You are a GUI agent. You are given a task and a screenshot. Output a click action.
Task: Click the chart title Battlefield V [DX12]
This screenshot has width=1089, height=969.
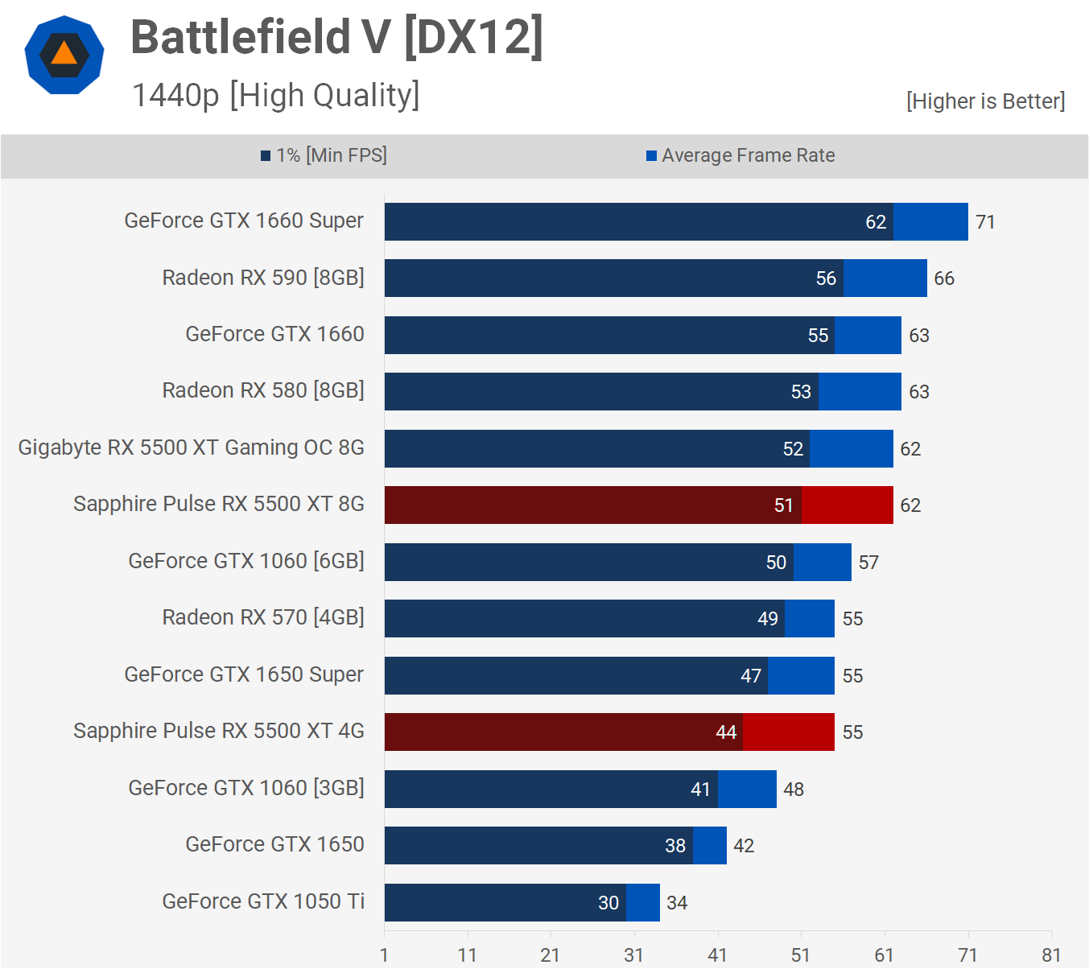tap(336, 37)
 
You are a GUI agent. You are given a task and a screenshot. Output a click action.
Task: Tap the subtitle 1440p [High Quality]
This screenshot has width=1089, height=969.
tap(275, 95)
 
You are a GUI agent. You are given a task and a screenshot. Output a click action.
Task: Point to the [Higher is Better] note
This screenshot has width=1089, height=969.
tap(985, 101)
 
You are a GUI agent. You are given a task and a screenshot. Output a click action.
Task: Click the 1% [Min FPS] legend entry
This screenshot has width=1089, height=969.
tap(324, 155)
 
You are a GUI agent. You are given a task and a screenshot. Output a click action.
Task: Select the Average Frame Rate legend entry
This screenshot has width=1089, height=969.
tap(740, 155)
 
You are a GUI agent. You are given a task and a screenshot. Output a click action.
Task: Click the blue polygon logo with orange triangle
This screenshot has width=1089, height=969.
tap(64, 55)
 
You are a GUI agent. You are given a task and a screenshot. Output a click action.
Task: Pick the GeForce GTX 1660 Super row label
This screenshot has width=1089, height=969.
tap(244, 221)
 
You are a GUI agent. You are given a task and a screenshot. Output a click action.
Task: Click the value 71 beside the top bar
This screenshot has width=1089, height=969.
tap(985, 222)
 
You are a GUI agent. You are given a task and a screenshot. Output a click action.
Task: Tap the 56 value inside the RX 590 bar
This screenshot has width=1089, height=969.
tap(826, 278)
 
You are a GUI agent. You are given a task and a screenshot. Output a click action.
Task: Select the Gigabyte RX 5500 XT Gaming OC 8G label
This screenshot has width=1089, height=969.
tap(192, 447)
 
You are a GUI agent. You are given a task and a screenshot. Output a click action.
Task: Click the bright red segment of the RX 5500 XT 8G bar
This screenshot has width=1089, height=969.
tap(847, 505)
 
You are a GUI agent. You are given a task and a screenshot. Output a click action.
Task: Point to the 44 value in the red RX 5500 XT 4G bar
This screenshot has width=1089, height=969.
tap(726, 732)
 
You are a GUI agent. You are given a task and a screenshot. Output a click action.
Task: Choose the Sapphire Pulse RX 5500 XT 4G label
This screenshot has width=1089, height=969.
tap(219, 731)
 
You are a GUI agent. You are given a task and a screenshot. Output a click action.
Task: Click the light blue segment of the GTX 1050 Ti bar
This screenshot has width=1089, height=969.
tap(643, 902)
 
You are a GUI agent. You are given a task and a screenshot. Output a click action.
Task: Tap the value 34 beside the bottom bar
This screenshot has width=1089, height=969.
tap(677, 903)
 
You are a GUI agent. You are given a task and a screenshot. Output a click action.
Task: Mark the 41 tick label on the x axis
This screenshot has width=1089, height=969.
tap(717, 955)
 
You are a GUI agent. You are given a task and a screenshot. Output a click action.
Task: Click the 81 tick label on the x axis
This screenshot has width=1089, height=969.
tap(1051, 955)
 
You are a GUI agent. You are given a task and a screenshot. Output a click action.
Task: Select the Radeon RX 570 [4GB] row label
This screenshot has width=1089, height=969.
tap(263, 617)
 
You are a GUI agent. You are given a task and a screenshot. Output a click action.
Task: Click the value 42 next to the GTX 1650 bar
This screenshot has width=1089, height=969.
tap(744, 846)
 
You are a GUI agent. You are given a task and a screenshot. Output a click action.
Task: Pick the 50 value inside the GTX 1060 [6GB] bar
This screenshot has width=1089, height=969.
tap(776, 563)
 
